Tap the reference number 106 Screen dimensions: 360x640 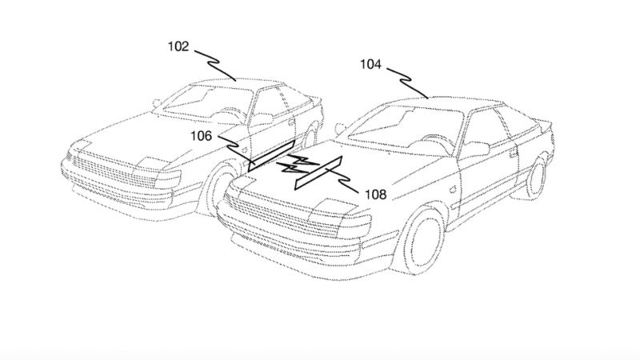201,136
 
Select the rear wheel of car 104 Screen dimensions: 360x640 535,174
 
